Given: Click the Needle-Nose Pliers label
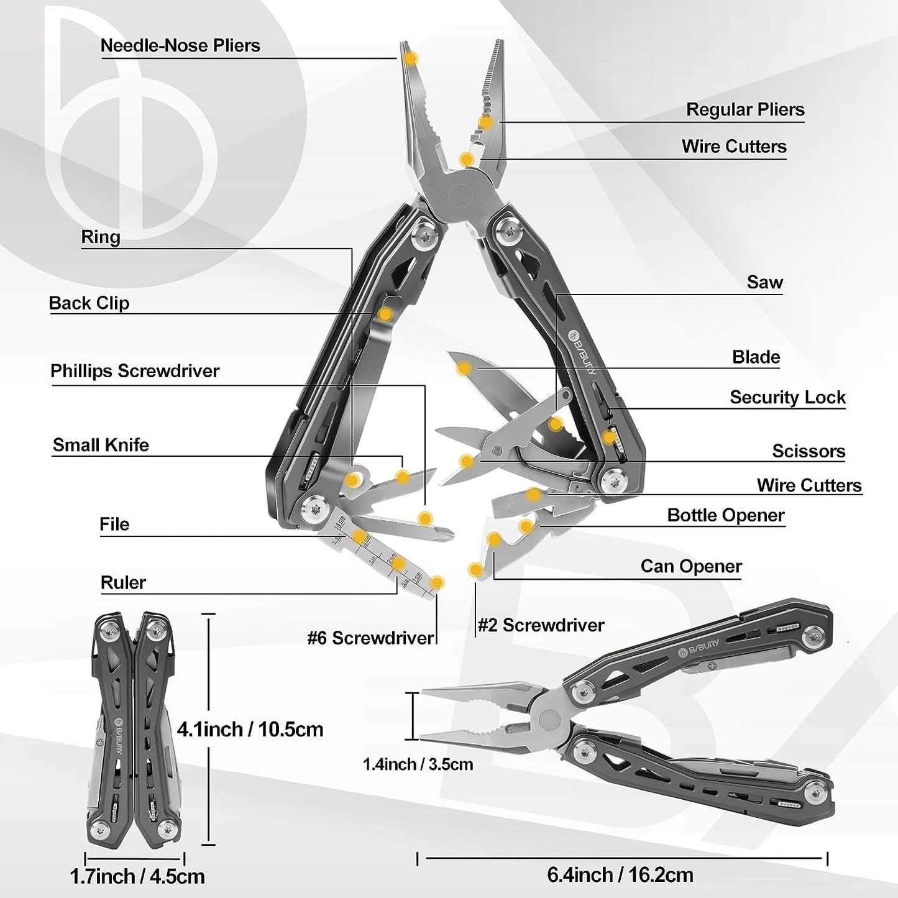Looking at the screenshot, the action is coord(180,45).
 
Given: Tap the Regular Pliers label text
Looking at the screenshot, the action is coord(745,109).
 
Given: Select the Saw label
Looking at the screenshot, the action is coord(765,282).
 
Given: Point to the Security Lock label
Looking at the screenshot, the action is coord(787,397).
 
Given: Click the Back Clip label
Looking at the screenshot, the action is coord(89,303).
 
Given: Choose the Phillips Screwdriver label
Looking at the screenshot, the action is coord(135,371).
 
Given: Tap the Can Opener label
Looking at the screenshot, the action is coord(691,566).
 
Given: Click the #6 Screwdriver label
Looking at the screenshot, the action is coord(370,638).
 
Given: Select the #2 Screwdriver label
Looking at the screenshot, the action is coord(541,625).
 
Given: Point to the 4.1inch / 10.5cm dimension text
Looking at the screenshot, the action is coord(250,730).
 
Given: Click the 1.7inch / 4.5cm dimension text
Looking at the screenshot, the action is coord(137,877).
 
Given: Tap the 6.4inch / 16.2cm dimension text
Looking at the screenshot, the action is coord(620,875).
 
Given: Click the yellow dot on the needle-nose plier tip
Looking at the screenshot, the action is coord(411,58).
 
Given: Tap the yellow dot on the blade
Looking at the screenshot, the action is coord(464,369).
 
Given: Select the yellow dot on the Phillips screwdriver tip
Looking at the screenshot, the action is coord(425,518).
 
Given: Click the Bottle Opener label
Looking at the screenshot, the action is coord(726,515).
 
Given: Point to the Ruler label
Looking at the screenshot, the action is coord(124,582).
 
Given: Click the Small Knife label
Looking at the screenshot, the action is coord(101,445).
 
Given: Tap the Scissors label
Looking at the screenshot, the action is coord(809,451).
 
